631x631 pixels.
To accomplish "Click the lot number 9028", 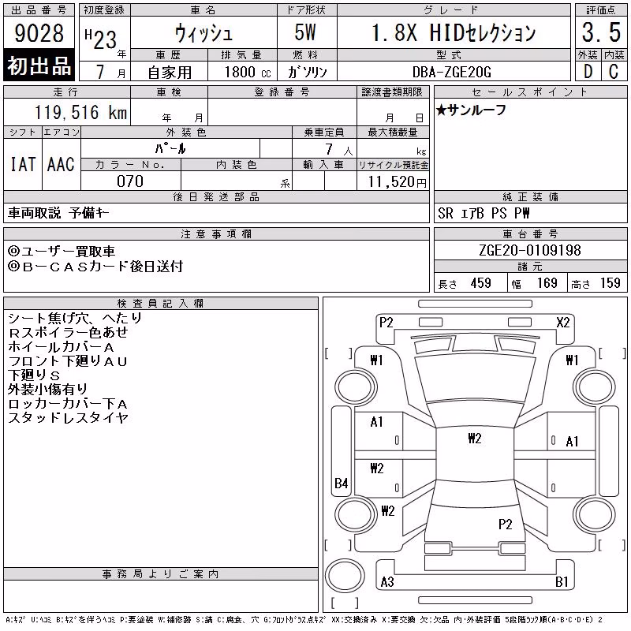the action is [x=39, y=32].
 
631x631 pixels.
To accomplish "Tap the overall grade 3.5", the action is [x=601, y=32].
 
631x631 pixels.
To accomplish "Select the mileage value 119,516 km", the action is [x=81, y=112].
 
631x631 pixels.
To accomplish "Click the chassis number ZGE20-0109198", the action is [x=530, y=250].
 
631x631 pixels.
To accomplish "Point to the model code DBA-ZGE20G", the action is [x=452, y=72].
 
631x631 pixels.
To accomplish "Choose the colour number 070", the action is [x=130, y=181].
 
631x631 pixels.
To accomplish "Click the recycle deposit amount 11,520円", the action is [x=397, y=181].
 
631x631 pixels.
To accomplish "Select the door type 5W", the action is [x=305, y=32].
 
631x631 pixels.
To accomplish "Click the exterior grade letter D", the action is [x=588, y=72].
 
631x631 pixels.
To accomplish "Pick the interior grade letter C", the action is [x=614, y=72].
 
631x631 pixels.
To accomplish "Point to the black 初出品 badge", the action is [x=39, y=65].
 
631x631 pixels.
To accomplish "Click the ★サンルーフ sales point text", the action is [x=470, y=110].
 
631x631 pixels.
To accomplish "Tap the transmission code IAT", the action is [x=23, y=164].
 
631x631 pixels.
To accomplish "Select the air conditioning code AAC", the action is [x=61, y=164].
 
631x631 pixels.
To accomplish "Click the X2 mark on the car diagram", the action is [x=563, y=323].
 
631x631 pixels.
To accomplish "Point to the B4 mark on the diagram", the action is [x=342, y=483].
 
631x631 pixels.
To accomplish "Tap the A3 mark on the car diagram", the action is [x=387, y=581].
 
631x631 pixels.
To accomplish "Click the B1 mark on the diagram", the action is [x=562, y=581].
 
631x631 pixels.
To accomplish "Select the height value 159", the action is [x=610, y=283].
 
